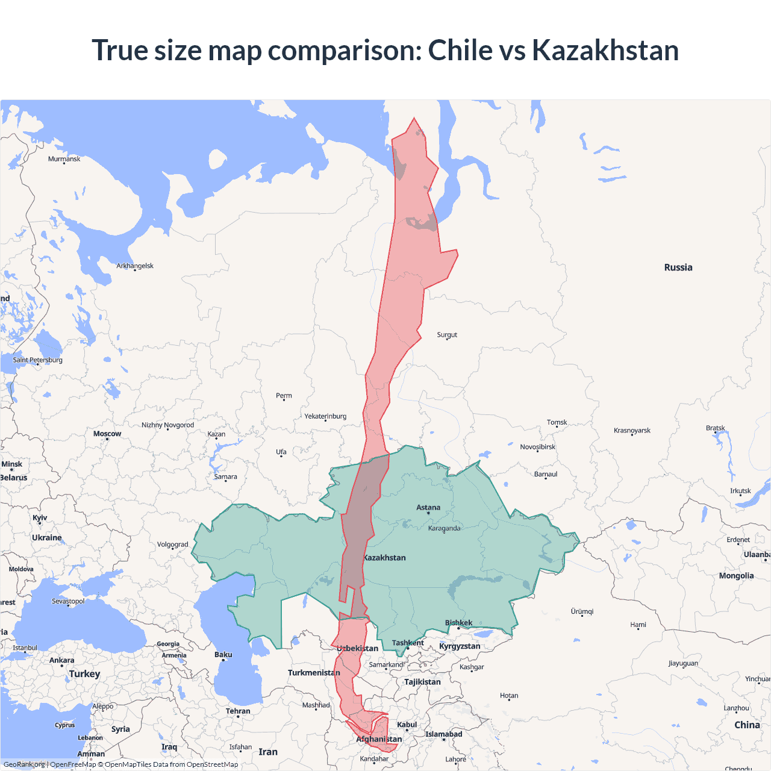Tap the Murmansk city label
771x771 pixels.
(x=64, y=159)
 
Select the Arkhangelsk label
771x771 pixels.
(x=135, y=266)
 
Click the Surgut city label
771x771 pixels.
(x=447, y=335)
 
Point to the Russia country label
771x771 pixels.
(x=678, y=267)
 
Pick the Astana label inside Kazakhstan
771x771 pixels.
(x=428, y=508)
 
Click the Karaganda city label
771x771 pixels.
(x=444, y=528)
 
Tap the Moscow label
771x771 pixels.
(x=107, y=434)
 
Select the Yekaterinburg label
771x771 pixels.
(x=325, y=416)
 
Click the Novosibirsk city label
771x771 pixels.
(x=538, y=447)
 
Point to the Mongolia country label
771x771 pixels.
(x=736, y=576)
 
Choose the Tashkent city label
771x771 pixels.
(x=408, y=643)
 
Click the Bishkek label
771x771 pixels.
(x=458, y=623)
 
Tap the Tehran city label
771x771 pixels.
(x=238, y=711)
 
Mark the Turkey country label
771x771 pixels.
(x=84, y=674)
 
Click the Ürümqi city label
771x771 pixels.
(x=582, y=611)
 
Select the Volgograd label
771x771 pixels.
(x=173, y=545)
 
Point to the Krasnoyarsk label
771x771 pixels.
(x=632, y=431)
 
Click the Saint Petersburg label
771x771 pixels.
(x=37, y=360)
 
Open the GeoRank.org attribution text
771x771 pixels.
(x=24, y=764)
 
